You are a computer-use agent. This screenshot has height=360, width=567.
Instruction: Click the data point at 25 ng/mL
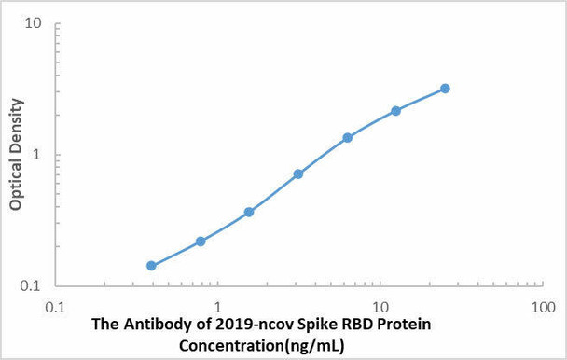(445, 89)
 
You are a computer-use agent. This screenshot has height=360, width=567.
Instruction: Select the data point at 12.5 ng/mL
(395, 111)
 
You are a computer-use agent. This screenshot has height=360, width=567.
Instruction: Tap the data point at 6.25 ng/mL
(347, 138)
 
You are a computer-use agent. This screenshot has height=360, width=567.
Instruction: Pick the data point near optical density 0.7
(298, 174)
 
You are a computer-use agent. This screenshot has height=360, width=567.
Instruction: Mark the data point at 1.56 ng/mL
(249, 212)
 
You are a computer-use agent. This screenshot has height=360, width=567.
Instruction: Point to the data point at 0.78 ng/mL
(201, 242)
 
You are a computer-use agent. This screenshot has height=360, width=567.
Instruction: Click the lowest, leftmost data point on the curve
(151, 266)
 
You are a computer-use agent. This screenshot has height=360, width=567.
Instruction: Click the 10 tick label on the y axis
(33, 23)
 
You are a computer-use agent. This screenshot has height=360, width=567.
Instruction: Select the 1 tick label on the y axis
(37, 155)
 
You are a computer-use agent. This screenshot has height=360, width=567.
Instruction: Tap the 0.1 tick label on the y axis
(31, 285)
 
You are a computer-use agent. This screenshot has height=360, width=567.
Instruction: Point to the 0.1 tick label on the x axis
(55, 306)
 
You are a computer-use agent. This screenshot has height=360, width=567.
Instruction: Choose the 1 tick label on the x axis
(217, 306)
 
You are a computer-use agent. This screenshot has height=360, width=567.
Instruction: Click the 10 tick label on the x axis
(380, 306)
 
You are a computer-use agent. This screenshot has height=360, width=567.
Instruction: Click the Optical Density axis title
(16, 155)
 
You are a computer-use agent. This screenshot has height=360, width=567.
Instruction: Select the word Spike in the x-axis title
(298, 325)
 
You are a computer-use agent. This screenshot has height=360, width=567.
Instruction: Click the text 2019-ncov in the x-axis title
(233, 325)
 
